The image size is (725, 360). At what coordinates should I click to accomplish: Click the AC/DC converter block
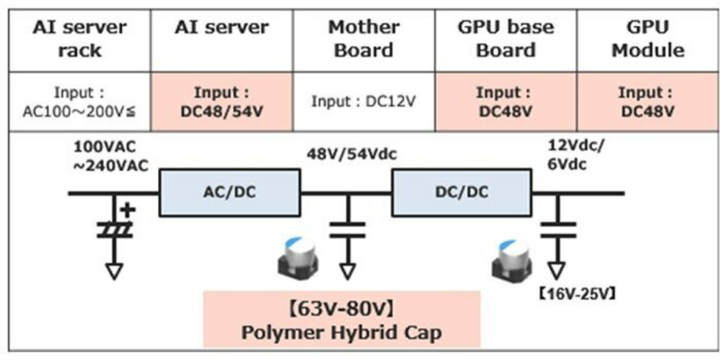point(229,192)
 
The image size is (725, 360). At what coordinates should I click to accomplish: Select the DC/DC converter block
point(461,192)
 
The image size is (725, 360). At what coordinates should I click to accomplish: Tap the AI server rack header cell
point(80,40)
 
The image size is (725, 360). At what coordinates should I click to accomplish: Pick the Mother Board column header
point(364,40)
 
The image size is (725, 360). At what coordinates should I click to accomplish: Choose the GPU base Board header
point(506,40)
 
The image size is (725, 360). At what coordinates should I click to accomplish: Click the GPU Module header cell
point(648,40)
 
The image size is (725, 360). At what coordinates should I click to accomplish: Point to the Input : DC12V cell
point(364,101)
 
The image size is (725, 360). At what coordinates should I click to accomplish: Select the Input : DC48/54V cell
point(222,101)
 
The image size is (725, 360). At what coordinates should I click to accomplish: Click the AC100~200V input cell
point(80,101)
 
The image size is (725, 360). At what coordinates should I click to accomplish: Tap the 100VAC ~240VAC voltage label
point(110,157)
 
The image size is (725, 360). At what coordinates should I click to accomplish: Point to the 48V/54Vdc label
point(352,154)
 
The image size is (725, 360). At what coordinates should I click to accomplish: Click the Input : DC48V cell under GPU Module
point(648,101)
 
